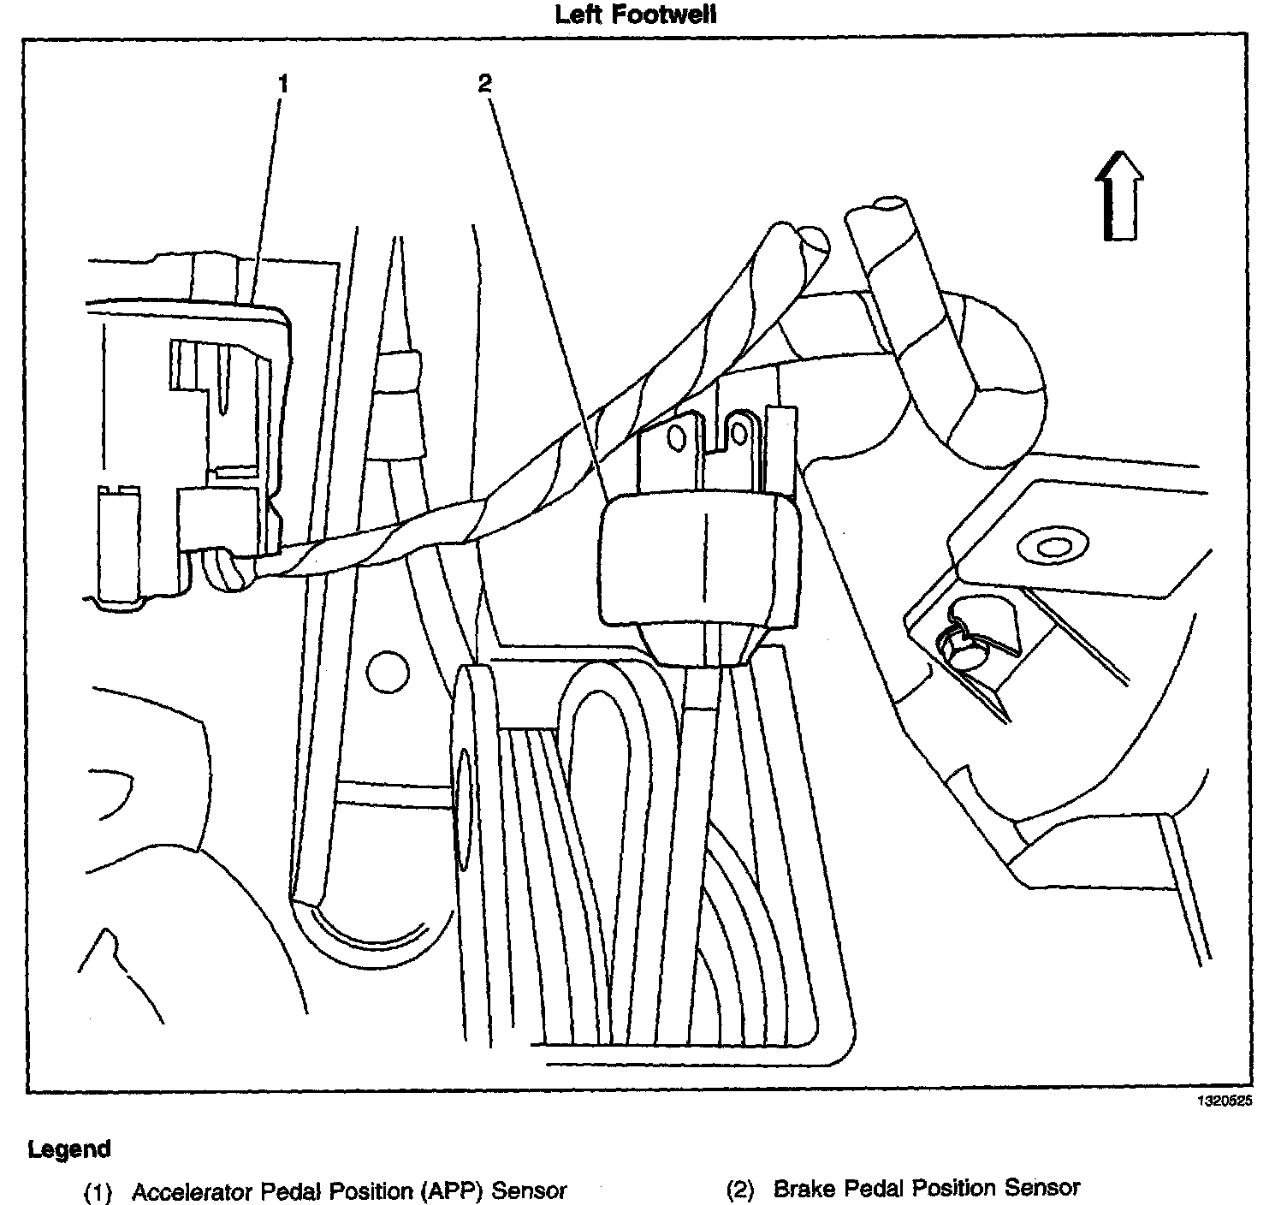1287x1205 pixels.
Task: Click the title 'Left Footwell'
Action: tap(635, 15)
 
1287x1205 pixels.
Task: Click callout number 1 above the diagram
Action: tap(283, 84)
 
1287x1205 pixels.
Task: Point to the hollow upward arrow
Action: tap(1119, 196)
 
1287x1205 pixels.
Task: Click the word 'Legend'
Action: tap(69, 1149)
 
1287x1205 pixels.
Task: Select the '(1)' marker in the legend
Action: tap(98, 1191)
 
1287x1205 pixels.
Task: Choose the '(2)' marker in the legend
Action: tap(740, 1190)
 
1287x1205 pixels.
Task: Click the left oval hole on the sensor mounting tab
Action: tap(676, 438)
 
